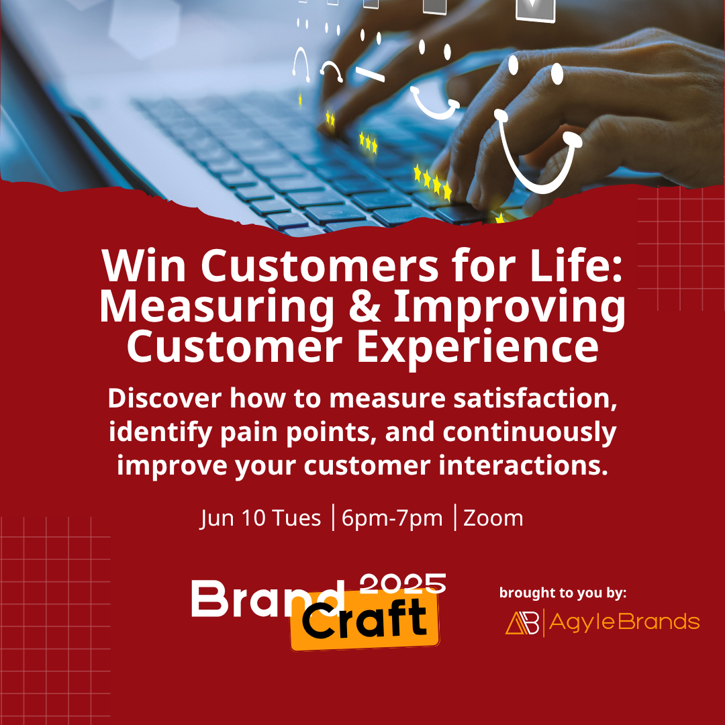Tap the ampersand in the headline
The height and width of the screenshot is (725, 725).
click(365, 306)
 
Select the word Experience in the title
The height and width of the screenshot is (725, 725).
click(477, 347)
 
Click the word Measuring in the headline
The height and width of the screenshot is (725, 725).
click(216, 309)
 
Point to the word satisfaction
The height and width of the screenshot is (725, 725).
click(536, 399)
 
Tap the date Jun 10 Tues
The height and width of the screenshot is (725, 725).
click(260, 518)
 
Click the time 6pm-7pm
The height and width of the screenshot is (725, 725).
click(392, 519)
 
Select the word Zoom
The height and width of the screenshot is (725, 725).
click(493, 518)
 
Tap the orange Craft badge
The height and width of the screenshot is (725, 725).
click(365, 620)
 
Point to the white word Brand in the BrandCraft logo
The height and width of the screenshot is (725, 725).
click(268, 599)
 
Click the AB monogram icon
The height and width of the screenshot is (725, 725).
click(522, 623)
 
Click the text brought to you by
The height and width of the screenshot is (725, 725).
click(563, 593)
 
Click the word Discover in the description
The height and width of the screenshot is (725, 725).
click(164, 399)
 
